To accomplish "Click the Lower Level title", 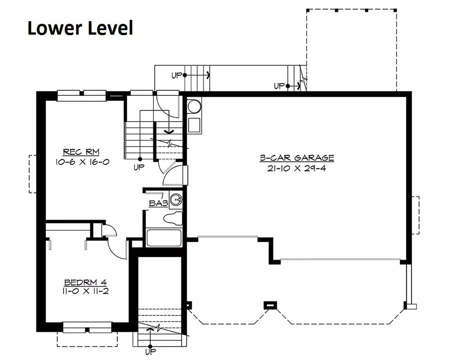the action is tap(81, 28).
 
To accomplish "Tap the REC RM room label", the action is tap(81, 152).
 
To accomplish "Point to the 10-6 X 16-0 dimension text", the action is tap(82, 162).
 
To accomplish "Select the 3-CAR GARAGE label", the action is tap(297, 157).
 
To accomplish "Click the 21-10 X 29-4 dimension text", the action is tap(297, 168).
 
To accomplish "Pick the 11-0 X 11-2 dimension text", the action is tap(85, 291).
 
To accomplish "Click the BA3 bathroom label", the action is tap(158, 203).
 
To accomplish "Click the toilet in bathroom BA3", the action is tap(173, 218).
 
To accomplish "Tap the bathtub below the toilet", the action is tap(164, 238).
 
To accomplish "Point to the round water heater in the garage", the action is tap(194, 107).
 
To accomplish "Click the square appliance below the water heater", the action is tap(194, 125).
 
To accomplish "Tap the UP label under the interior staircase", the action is tap(139, 167).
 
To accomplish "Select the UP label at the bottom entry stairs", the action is tap(150, 351).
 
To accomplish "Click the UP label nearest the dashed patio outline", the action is tap(279, 86).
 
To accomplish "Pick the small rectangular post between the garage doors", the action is tap(270, 305).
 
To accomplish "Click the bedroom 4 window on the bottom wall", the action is tap(87, 327).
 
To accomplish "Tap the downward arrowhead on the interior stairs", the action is tap(169, 132).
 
